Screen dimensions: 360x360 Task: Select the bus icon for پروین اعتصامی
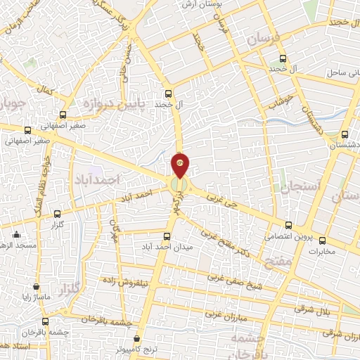tap(290, 227)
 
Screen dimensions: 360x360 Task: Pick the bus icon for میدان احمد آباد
tap(167, 236)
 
